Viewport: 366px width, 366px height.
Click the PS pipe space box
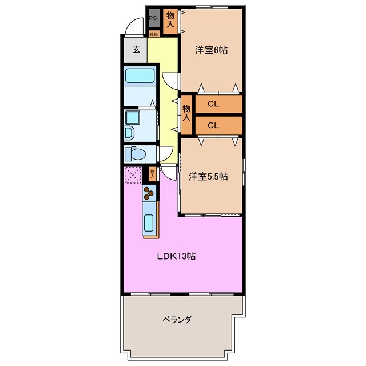(x=153, y=18)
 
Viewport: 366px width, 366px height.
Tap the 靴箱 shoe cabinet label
(x=153, y=34)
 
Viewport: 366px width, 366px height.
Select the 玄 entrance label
(x=136, y=50)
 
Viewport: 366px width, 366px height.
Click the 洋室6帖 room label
(x=211, y=50)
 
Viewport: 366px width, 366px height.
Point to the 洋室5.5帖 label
(x=209, y=177)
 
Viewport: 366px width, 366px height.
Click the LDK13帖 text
(x=177, y=257)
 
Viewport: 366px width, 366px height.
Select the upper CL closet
(x=213, y=104)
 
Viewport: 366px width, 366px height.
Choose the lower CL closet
(x=213, y=125)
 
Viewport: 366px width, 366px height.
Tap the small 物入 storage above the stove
(x=153, y=173)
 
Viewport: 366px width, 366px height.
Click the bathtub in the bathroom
(x=139, y=75)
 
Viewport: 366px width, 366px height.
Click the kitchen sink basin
(x=149, y=222)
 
